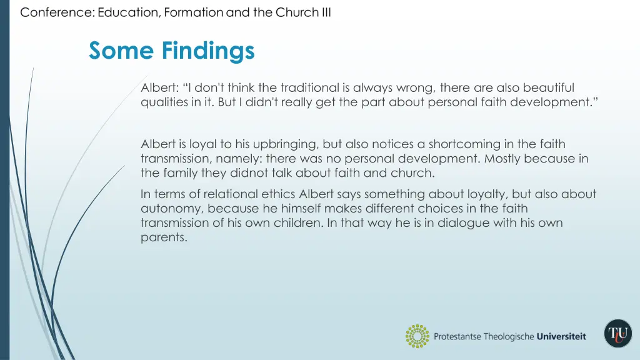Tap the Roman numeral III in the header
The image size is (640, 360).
coord(326,12)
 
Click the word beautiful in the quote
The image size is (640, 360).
coord(549,87)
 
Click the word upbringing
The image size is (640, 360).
coord(284,144)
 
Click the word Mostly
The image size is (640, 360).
coord(502,159)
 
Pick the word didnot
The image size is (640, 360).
coord(231,173)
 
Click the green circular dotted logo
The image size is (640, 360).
coord(417,336)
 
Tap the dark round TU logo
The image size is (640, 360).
coord(617,333)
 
